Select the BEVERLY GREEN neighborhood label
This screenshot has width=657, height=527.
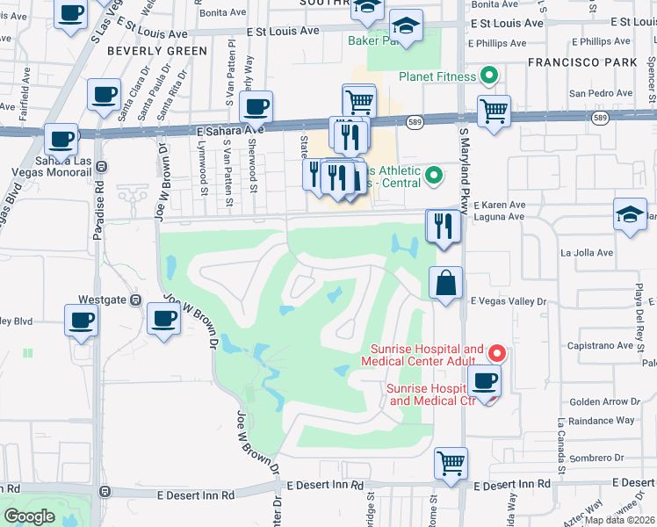157,51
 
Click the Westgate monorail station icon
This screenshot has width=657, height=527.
136,300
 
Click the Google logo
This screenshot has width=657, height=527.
29,516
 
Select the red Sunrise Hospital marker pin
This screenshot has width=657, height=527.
497,354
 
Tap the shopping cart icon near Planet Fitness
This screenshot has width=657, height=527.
495,112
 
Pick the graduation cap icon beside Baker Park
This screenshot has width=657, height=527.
406,26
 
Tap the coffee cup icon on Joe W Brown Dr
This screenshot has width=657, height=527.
163,320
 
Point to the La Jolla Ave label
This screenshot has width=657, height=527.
586,253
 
